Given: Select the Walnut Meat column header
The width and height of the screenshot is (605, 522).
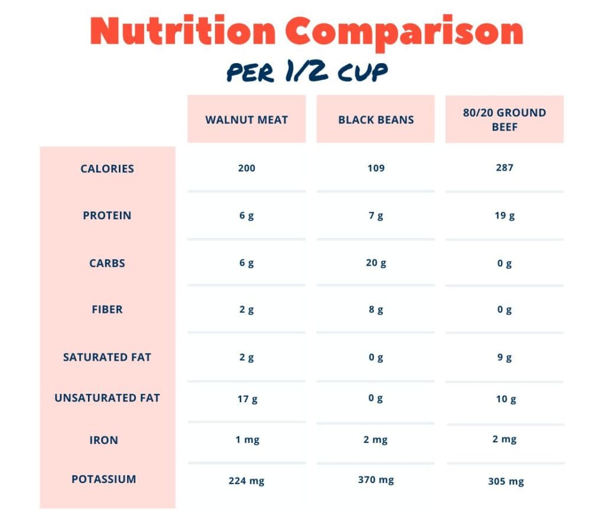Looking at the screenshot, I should click(x=246, y=119).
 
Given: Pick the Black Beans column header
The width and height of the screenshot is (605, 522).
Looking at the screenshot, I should click(x=376, y=119).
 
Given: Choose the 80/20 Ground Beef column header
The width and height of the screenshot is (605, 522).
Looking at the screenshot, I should click(x=504, y=119).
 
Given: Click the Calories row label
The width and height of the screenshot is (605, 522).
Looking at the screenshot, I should click(x=107, y=169).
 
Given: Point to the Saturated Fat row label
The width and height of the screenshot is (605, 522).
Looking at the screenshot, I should click(x=107, y=357).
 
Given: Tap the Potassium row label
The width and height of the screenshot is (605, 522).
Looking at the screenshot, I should click(x=103, y=479).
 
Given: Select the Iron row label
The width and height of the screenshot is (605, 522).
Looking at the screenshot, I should click(x=104, y=440).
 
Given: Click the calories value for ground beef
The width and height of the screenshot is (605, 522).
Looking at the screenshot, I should click(x=505, y=168).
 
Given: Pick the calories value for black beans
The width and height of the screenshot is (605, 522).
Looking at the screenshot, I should click(x=376, y=168).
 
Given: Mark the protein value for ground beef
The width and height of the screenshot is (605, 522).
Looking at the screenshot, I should click(x=505, y=216).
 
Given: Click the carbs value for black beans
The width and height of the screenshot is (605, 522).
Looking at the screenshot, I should click(x=376, y=263).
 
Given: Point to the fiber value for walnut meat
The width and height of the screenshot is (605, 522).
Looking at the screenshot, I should click(x=246, y=309).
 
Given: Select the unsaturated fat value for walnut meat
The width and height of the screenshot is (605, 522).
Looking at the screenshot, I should click(x=247, y=399).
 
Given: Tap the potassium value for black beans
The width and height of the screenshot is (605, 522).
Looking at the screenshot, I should click(x=376, y=480).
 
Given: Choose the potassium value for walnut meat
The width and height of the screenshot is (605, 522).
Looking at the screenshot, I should click(x=246, y=481).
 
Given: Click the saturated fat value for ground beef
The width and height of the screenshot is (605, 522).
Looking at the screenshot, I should click(x=505, y=357).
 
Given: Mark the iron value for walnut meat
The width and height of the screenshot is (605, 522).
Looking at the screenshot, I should click(x=246, y=440).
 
